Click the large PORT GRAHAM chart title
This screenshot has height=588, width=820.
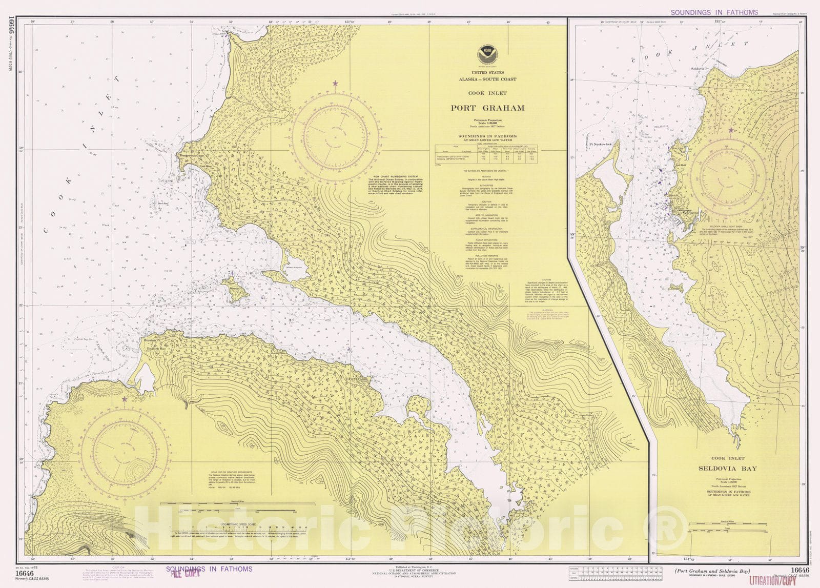click(x=487, y=108)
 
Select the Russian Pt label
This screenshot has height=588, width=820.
click(x=153, y=340)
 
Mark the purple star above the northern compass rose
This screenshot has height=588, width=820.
click(x=336, y=83)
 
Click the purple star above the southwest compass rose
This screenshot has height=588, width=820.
click(x=124, y=399)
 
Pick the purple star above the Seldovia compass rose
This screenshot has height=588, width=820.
click(x=730, y=130)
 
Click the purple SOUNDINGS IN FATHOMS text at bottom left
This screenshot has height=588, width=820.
click(x=209, y=569)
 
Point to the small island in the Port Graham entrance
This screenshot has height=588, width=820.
click(x=236, y=287)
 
